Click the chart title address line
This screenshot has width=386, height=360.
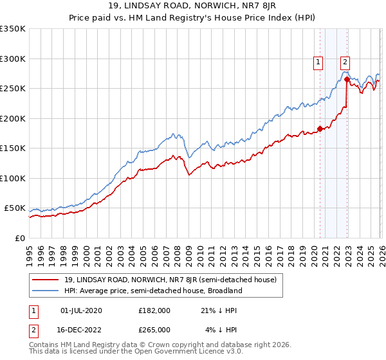192,7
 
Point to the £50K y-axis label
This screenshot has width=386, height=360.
14,208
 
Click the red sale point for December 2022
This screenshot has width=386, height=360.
347,80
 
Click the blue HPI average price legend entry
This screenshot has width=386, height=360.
151,291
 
